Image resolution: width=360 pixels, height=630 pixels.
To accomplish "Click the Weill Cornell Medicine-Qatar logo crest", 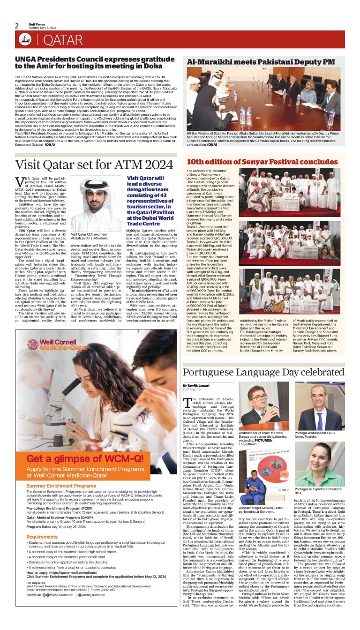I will tap(32, 345).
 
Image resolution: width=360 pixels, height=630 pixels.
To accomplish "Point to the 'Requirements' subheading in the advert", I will tap(42, 537).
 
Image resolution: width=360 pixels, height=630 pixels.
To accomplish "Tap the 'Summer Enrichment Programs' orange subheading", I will tap(61, 486).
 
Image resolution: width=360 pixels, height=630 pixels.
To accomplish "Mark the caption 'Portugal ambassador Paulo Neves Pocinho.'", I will tap(318, 435).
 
